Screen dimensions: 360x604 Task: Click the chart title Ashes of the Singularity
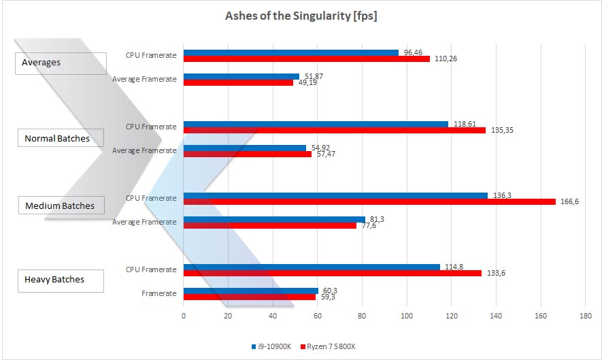[x=301, y=16]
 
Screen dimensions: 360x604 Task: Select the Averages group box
[x=60, y=63]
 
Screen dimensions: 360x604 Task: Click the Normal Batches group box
[x=60, y=139]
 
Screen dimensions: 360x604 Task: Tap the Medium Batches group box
[x=60, y=206]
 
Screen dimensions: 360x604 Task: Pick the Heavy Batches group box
[x=60, y=280]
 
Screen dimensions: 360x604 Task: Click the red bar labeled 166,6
[x=369, y=201]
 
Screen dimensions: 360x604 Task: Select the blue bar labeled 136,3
[x=335, y=195]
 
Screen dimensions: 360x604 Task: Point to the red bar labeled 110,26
[x=306, y=59]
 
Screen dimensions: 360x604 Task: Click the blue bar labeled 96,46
[x=290, y=52]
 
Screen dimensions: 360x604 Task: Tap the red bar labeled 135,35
[x=334, y=130]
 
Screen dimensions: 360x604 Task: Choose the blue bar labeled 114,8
[x=312, y=267]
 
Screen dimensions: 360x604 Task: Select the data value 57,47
[x=326, y=154]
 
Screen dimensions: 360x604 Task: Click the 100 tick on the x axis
[x=407, y=316]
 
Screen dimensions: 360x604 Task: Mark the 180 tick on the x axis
[x=585, y=316]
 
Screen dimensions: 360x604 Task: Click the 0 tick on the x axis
[x=184, y=316]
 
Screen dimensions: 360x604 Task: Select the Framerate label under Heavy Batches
[x=160, y=293]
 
